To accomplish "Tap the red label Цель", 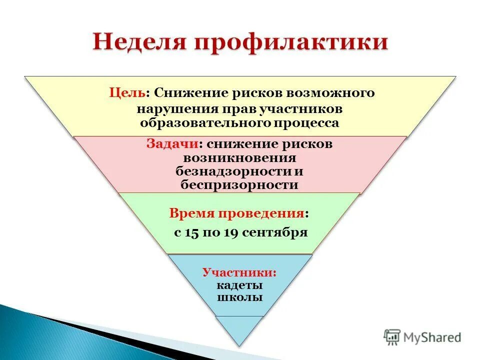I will point(127,93).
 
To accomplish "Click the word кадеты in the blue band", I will point(239,285).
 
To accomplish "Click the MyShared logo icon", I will point(392,337).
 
